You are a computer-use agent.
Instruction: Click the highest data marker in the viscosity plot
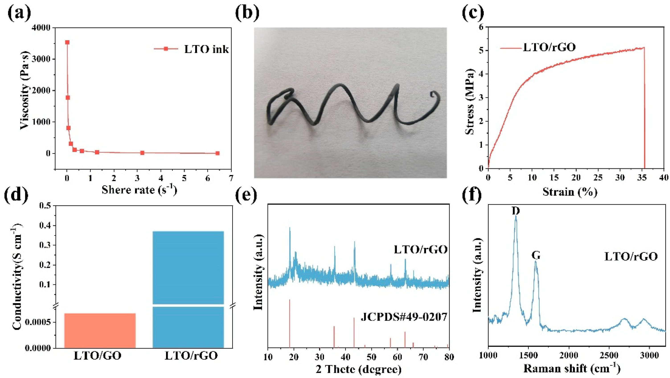67,42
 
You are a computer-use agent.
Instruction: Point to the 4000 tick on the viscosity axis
43,28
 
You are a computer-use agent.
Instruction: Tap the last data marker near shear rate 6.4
217,153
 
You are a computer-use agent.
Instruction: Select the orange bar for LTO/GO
100,330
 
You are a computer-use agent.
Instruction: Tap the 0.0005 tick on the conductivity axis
39,322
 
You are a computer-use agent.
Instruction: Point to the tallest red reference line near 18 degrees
289,323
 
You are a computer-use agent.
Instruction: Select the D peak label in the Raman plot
516,211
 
